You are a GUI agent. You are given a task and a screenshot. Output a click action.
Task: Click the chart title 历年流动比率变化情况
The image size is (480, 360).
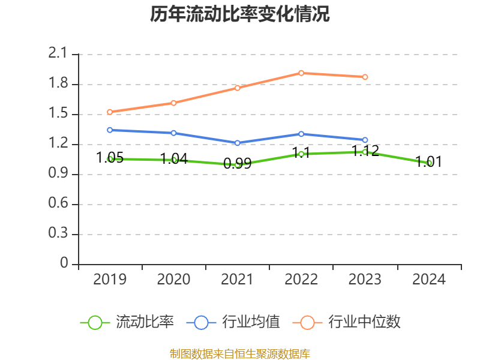(240, 14)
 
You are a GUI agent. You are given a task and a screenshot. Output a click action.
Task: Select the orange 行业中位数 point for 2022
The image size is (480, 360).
(301, 73)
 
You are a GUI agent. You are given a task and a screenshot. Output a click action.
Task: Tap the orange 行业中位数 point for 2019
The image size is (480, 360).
(110, 112)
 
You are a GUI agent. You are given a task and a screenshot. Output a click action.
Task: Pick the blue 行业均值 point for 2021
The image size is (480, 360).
(238, 143)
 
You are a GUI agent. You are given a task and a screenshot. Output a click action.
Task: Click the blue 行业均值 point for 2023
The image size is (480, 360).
(365, 140)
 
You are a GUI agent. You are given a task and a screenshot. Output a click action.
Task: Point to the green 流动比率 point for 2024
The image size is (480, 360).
(429, 163)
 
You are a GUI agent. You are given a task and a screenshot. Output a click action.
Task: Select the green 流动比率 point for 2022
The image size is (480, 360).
(301, 154)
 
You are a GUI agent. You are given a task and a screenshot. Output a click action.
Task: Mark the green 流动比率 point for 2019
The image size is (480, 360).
(110, 159)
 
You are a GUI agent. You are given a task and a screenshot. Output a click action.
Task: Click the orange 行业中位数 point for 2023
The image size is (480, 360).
(365, 77)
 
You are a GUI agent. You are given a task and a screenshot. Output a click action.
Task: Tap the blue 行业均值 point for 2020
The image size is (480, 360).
(173, 133)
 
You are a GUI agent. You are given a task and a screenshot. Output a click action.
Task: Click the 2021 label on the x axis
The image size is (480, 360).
(238, 280)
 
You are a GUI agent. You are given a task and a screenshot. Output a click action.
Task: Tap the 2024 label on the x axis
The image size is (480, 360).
(429, 280)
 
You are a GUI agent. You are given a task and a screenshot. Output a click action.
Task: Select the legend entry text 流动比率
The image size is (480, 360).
(145, 322)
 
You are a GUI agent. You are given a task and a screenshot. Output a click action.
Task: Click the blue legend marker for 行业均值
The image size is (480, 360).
(201, 322)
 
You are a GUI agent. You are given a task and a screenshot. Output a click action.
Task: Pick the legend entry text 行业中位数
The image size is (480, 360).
(364, 322)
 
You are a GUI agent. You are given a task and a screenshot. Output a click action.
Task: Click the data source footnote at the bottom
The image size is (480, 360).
(240, 353)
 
